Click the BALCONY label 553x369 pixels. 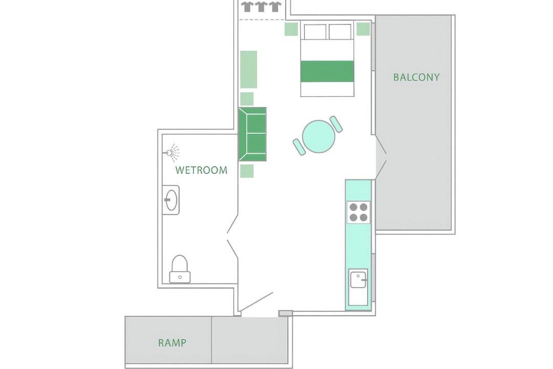416,77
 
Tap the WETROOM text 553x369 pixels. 201,170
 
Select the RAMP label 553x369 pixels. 172,342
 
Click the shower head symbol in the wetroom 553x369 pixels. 172,152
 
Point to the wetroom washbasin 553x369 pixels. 171,200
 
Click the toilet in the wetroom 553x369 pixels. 180,269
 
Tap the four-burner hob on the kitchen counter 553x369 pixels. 358,212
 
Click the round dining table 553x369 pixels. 318,137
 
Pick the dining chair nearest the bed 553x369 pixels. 336,125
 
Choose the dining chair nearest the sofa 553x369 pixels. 300,147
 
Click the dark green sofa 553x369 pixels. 252,134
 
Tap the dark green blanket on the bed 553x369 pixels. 327,71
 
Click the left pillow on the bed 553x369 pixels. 315,32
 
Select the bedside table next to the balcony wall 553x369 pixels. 363,29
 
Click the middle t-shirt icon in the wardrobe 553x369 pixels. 261,7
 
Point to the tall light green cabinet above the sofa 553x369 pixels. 249,69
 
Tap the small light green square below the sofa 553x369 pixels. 247,171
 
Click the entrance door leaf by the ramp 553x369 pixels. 257,302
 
